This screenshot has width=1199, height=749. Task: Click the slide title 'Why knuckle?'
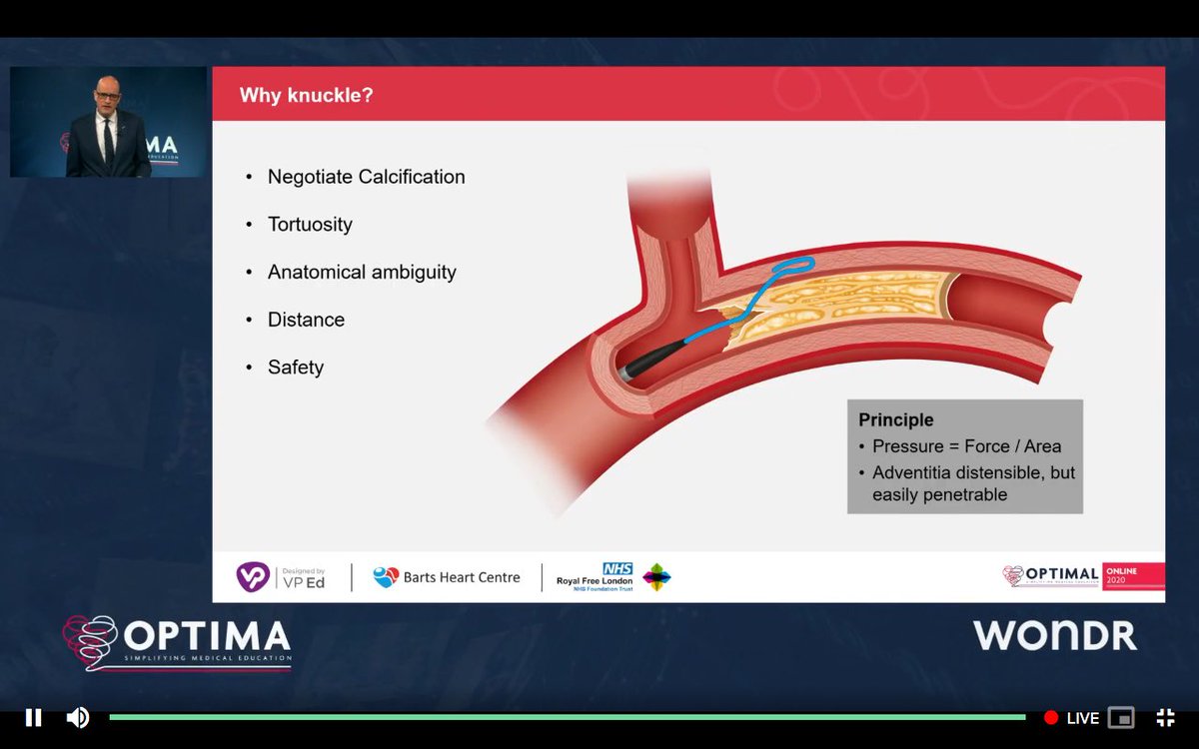306,96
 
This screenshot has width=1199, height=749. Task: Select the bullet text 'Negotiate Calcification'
366,177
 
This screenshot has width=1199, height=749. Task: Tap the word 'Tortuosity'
310,225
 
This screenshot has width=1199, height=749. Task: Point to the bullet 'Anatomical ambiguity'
362,272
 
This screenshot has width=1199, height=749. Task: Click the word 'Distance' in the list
306,320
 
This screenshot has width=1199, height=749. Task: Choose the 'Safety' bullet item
296,368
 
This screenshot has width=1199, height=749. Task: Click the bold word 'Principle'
896,419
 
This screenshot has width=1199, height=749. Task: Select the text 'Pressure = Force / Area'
966,446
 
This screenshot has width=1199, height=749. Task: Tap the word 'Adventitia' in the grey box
914,472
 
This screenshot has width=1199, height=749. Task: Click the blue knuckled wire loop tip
797,266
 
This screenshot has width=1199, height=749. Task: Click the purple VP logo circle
252,576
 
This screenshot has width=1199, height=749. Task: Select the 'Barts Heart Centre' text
461,577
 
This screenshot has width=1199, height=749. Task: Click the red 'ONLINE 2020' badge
1133,576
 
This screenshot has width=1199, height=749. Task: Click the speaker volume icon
77,717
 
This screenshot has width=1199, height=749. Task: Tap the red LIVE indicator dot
1050,717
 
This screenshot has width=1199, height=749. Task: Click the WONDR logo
1055,635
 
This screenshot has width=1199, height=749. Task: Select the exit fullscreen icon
1165,717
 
